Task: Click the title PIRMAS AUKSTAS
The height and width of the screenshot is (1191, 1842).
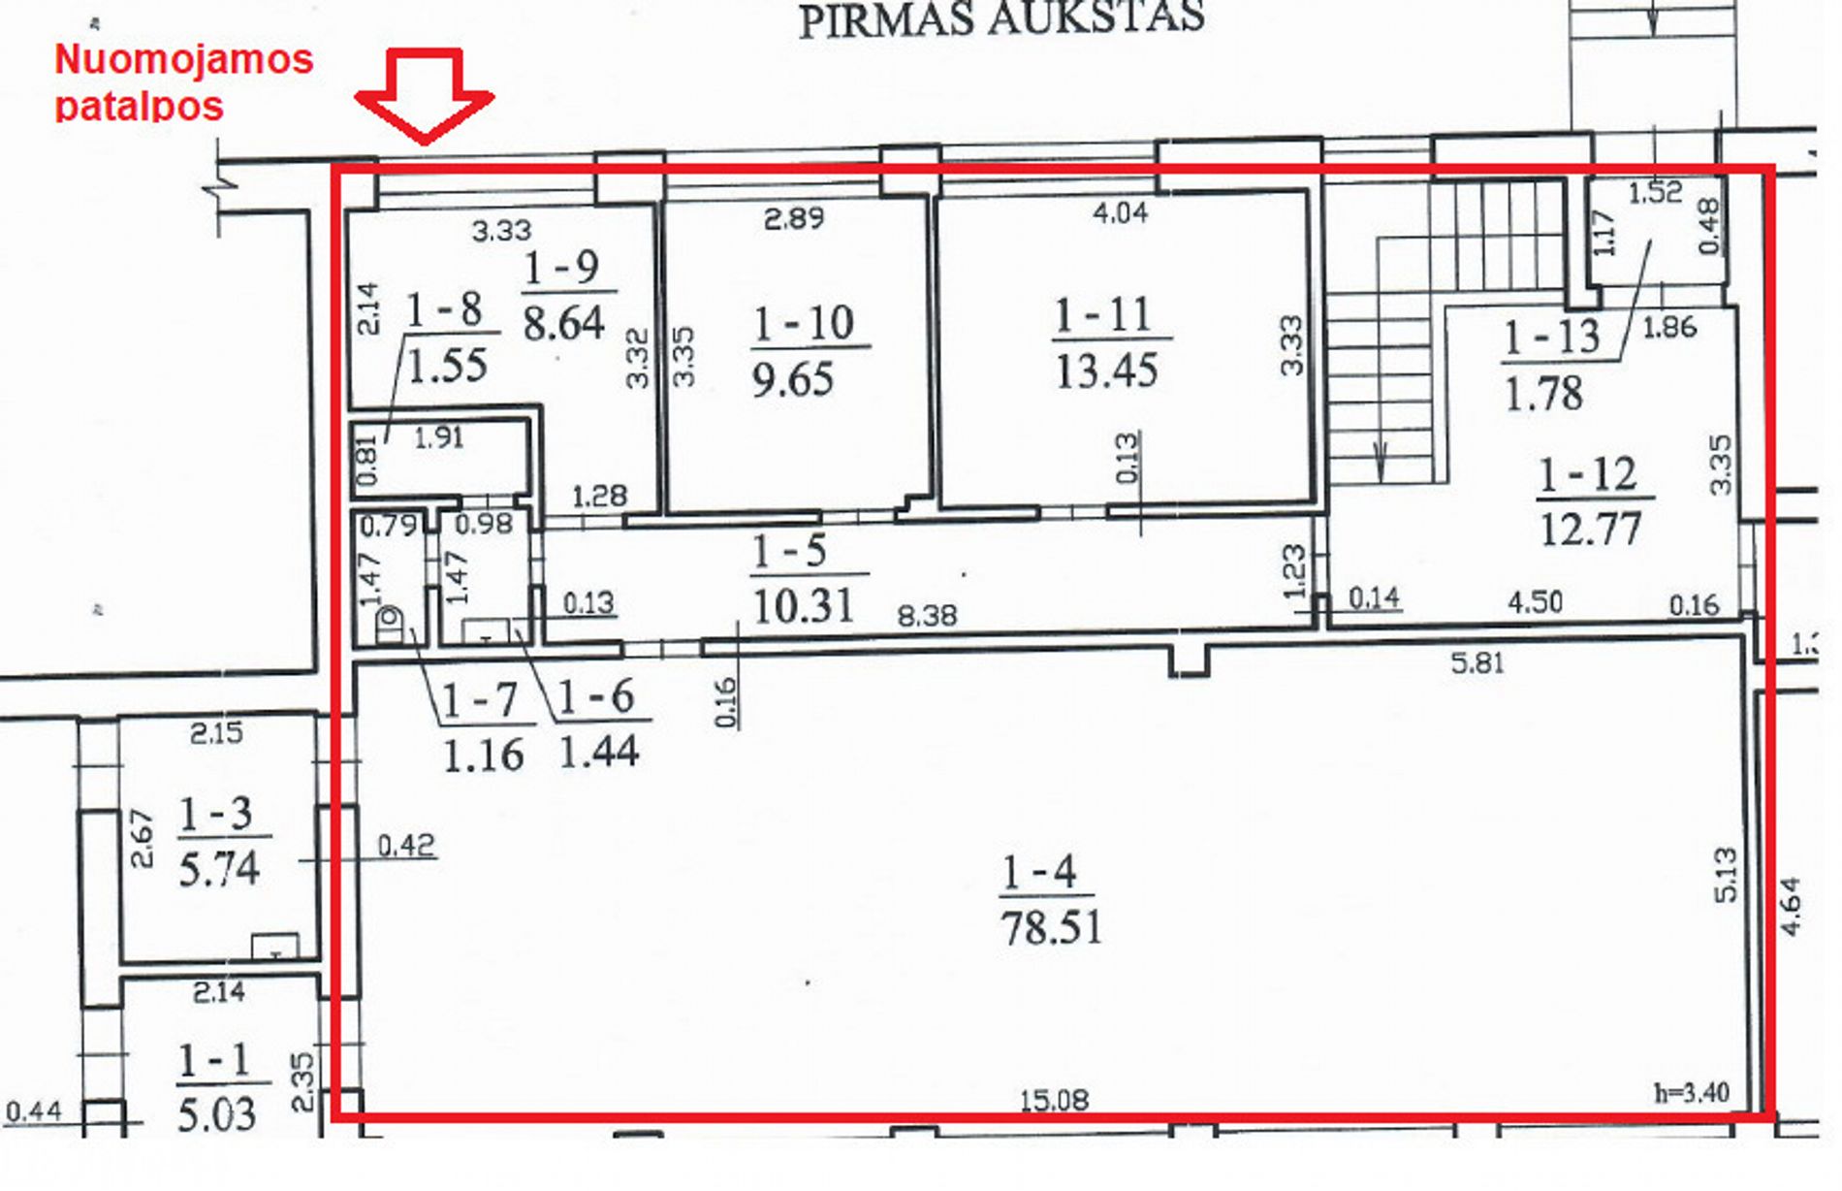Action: click(x=1001, y=18)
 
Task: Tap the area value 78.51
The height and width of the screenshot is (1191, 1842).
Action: click(x=1052, y=928)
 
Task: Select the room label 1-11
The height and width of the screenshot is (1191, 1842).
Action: click(x=1103, y=314)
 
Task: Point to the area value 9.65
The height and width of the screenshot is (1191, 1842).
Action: click(x=793, y=378)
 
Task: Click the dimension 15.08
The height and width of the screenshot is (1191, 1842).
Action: click(x=1054, y=1100)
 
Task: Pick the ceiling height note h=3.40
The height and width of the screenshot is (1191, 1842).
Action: click(x=1692, y=1093)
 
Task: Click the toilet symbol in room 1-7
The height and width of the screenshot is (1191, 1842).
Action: click(x=390, y=626)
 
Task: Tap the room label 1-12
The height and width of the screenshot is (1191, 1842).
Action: click(x=1588, y=475)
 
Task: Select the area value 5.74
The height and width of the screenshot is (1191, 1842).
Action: click(x=219, y=868)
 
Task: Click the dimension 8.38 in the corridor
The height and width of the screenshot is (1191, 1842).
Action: click(x=927, y=615)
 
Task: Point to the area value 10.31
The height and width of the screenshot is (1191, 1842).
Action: click(x=803, y=607)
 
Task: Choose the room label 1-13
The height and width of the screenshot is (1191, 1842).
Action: click(x=1551, y=338)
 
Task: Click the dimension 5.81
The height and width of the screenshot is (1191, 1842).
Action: click(x=1476, y=663)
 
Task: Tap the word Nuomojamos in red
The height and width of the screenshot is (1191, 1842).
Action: click(x=184, y=59)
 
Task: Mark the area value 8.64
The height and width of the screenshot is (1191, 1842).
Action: click(x=564, y=322)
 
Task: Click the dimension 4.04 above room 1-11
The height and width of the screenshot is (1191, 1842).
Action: click(x=1120, y=212)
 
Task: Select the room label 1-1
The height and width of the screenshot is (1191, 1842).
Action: click(x=213, y=1062)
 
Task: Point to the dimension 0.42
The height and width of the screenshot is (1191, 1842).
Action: click(x=406, y=846)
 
